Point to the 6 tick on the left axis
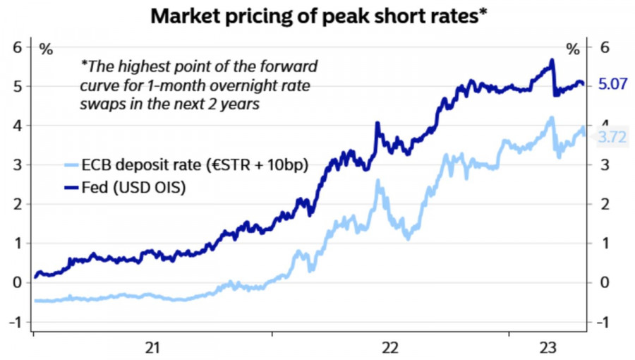pos(17,47)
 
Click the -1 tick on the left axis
pos(14,322)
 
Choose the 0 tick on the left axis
pos(17,282)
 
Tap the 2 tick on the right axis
pos(603,204)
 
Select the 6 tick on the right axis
pos(603,47)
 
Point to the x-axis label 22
pos(389,347)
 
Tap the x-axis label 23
pos(548,347)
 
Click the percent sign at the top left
pos(46,49)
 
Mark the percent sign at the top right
pos(573,49)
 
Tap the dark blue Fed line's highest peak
pos(551,61)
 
